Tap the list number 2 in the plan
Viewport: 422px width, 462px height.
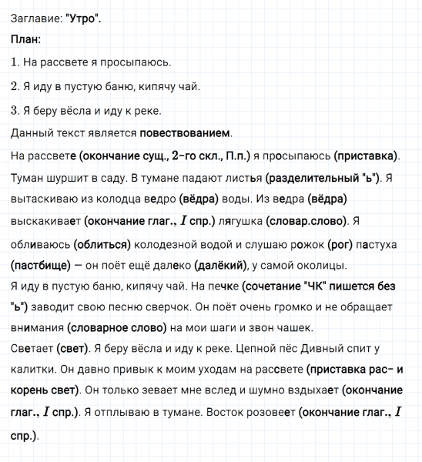pos(15,86)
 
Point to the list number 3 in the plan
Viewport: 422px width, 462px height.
pos(15,109)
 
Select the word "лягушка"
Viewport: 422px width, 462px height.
pos(237,221)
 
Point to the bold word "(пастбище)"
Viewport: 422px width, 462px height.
pos(43,266)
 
